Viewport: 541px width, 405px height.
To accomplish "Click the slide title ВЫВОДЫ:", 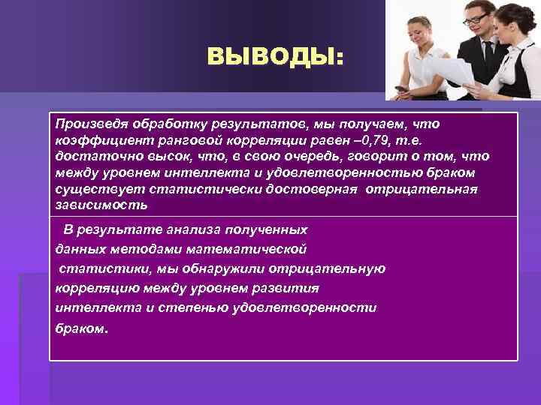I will click(x=274, y=57).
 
